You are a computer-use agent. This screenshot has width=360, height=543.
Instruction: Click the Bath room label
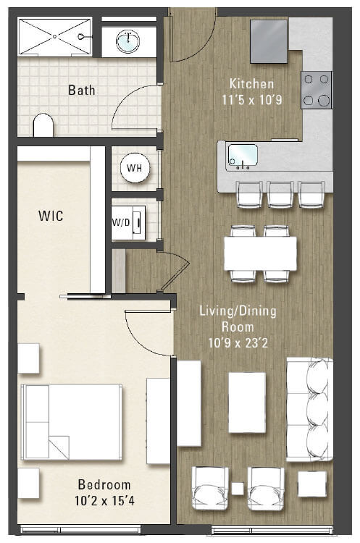[x=82, y=90]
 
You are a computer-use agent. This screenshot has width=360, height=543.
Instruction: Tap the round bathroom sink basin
[x=128, y=41]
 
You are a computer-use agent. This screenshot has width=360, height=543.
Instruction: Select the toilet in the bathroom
[x=43, y=126]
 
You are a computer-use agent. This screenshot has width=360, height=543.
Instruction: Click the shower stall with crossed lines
[x=54, y=36]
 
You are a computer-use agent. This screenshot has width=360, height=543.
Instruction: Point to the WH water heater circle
[x=134, y=168]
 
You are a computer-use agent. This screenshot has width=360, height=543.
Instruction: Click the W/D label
[x=120, y=222]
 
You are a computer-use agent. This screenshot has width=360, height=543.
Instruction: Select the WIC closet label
[x=51, y=216]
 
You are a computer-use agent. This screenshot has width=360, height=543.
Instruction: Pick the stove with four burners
[x=317, y=90]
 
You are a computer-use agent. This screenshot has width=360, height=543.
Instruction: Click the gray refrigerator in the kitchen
[x=269, y=41]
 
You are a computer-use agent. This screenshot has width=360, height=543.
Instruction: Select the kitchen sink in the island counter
[x=243, y=155]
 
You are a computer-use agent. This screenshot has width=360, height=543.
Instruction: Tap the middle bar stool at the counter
[x=280, y=194]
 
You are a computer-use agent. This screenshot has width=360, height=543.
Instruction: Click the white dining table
[x=260, y=253]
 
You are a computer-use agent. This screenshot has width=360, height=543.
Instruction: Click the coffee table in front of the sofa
[x=247, y=403]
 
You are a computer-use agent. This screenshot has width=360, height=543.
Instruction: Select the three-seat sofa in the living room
[x=309, y=409]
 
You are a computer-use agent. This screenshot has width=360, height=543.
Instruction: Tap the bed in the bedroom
[x=72, y=422]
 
